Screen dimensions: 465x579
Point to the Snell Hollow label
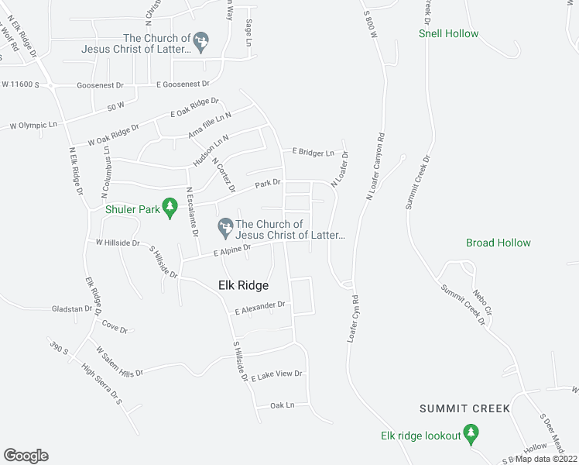(448, 33)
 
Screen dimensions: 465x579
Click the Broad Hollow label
(498, 243)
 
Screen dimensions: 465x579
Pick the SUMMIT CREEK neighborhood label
(464, 408)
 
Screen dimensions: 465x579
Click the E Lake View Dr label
(276, 375)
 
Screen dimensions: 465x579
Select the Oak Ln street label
(283, 405)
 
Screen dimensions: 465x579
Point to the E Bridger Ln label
(313, 152)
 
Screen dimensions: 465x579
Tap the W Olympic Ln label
(33, 125)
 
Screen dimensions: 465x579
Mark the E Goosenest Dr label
(183, 84)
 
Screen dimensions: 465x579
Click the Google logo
(26, 456)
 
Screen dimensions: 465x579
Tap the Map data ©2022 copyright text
(546, 459)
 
